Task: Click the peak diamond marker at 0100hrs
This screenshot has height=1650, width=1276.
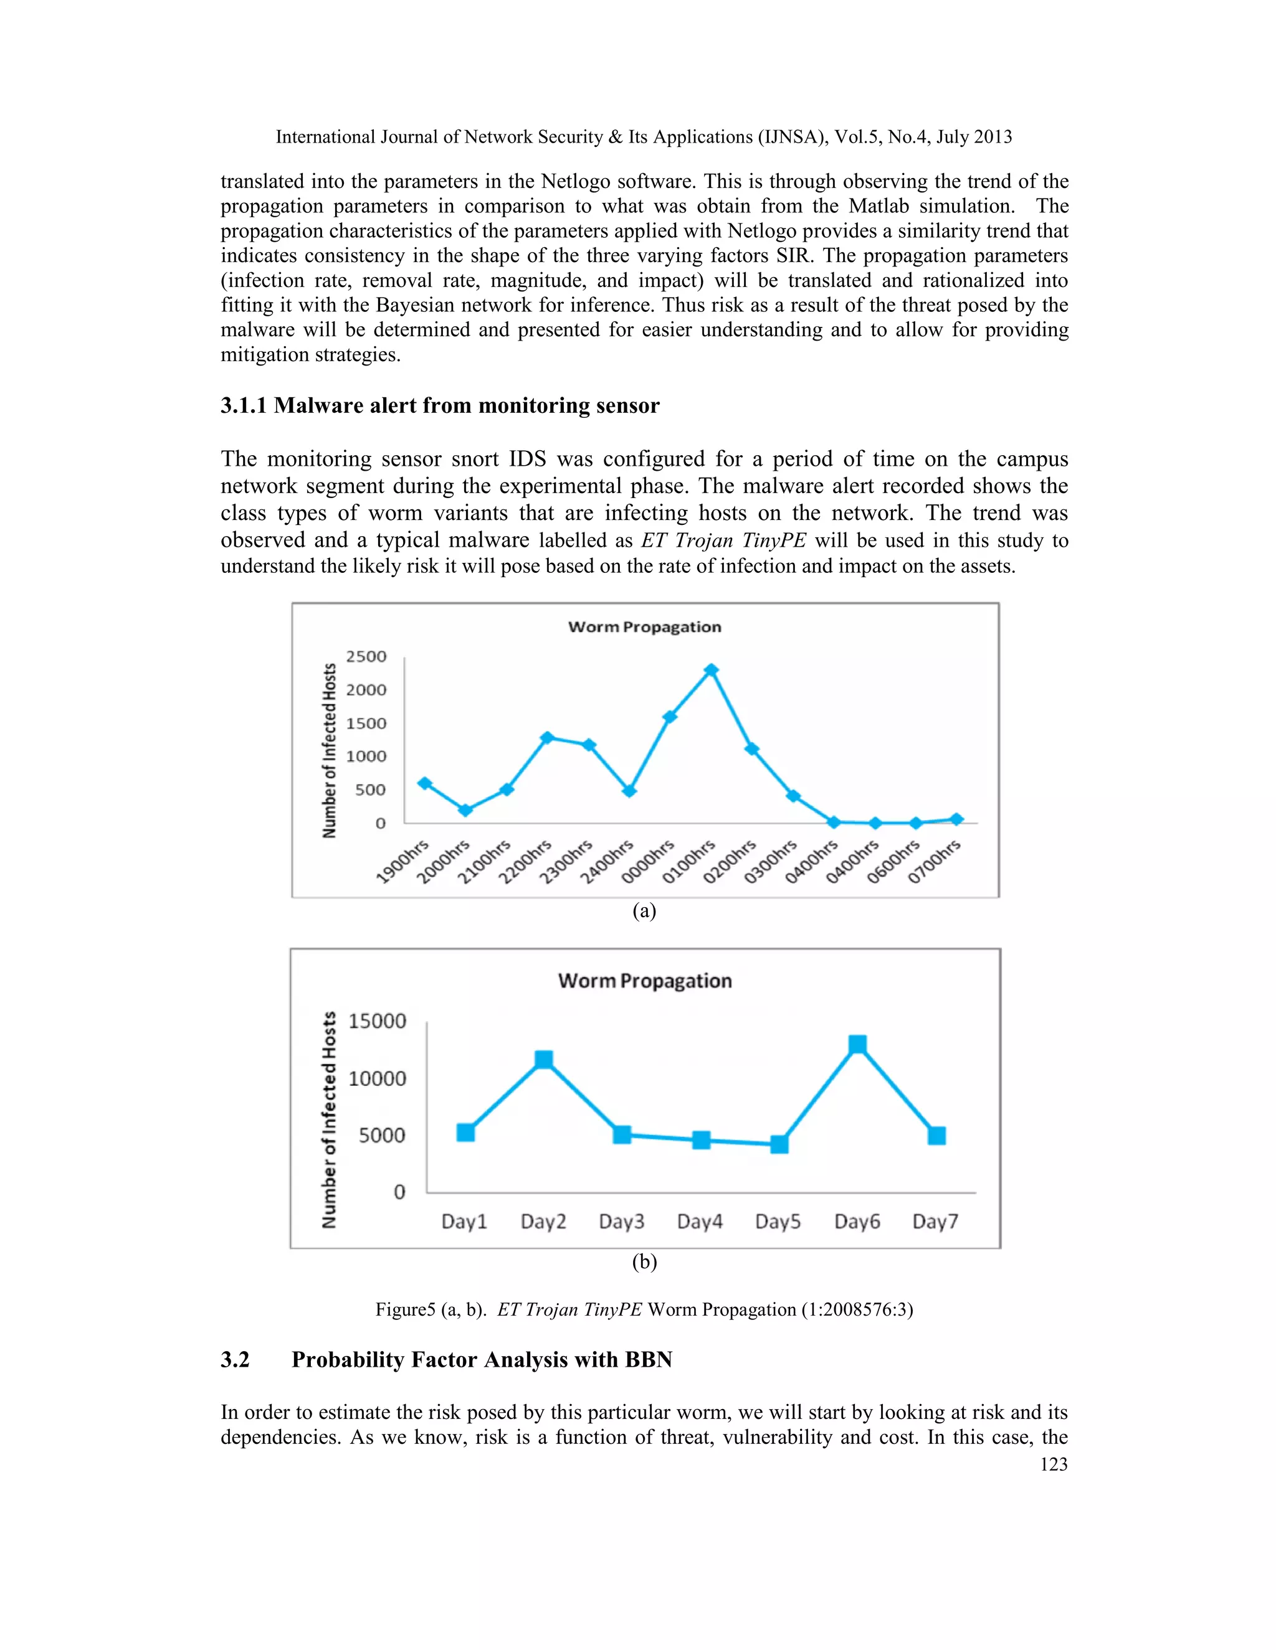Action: click(710, 670)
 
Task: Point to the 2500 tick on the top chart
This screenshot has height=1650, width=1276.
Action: click(366, 656)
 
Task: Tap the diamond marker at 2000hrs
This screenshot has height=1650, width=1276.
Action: click(465, 810)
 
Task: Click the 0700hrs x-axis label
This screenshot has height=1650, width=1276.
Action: click(935, 860)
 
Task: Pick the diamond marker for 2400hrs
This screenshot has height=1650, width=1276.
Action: click(629, 791)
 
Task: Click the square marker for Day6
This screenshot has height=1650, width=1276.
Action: click(857, 1044)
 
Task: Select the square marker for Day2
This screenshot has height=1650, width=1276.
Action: click(543, 1059)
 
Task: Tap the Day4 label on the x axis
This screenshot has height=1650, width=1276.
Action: click(699, 1222)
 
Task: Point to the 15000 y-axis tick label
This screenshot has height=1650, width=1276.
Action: click(376, 1021)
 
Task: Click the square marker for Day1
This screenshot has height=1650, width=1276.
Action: click(465, 1132)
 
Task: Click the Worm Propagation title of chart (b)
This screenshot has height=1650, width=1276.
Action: click(645, 981)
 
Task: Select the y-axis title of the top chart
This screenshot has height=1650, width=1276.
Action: click(329, 750)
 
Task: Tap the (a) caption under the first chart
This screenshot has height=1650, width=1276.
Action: click(644, 910)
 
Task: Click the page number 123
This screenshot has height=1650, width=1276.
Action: click(1053, 1464)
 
